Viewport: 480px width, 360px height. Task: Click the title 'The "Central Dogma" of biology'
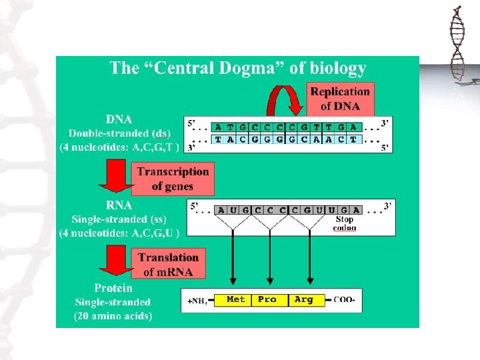238,68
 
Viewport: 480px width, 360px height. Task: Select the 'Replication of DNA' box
340,99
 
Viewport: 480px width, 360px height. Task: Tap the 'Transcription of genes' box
173,179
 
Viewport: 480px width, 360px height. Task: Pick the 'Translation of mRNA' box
168,264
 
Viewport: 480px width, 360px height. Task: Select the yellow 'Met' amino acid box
236,300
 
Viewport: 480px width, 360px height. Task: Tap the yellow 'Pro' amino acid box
267,300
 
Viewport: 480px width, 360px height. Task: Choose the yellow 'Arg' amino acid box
303,300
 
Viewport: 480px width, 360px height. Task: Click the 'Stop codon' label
345,223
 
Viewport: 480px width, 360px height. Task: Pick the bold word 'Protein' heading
113,289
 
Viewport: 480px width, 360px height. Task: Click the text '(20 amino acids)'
113,315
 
